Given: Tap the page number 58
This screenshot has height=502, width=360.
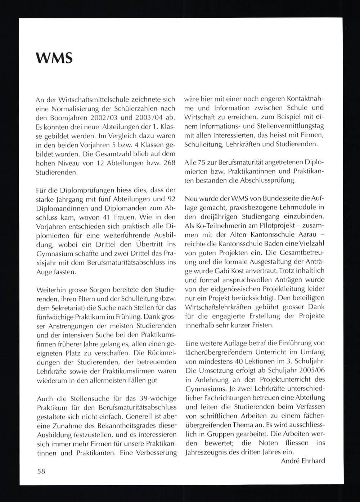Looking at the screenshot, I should pyautogui.click(x=41, y=471).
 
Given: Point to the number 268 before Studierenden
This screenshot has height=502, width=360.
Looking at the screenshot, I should pyautogui.click(x=169, y=163).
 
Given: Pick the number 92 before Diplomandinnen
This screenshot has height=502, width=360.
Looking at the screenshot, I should pyautogui.click(x=171, y=199).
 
